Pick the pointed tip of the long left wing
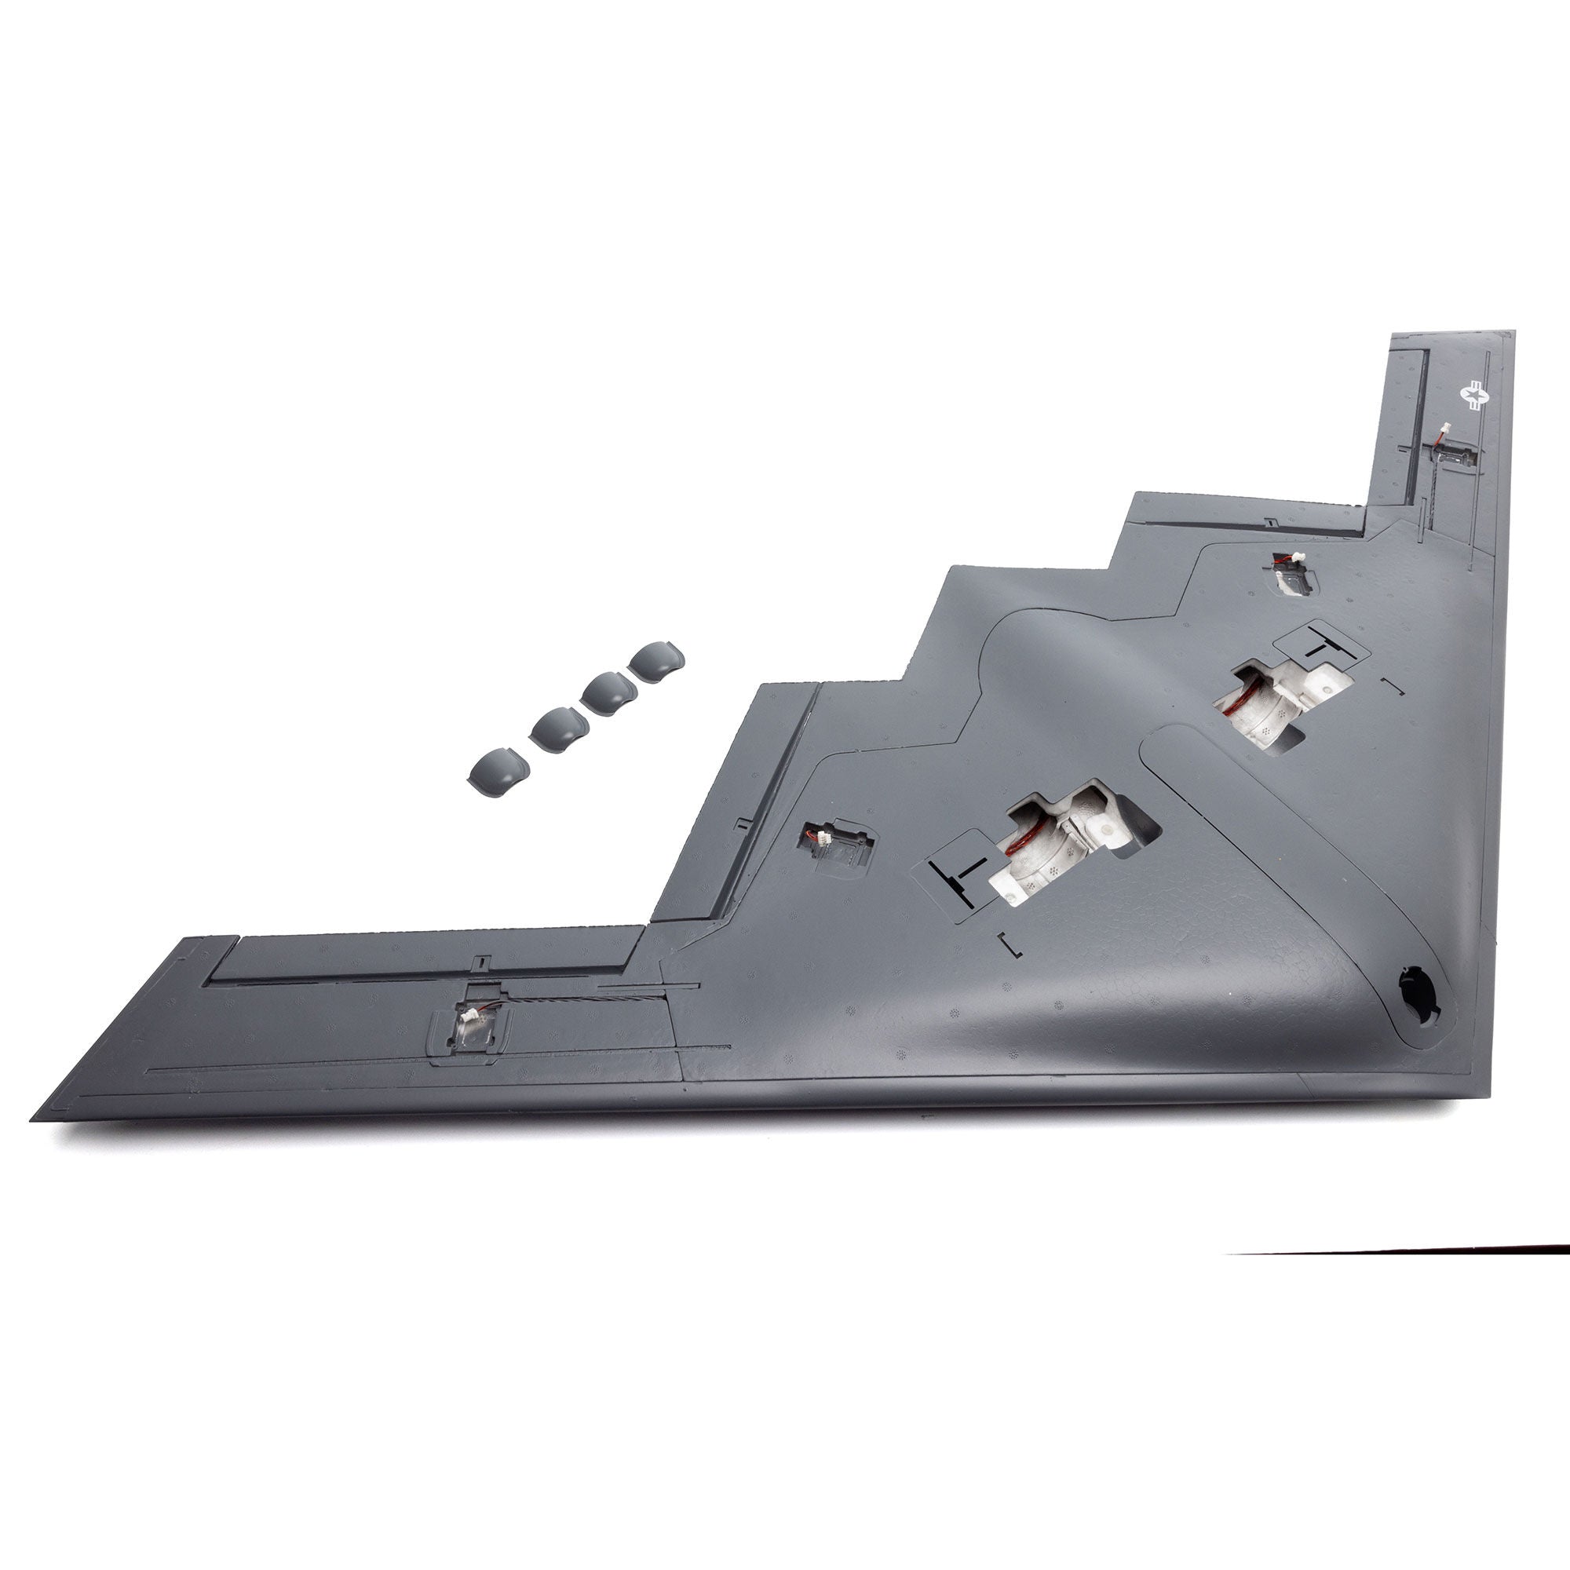point(34,1118)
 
